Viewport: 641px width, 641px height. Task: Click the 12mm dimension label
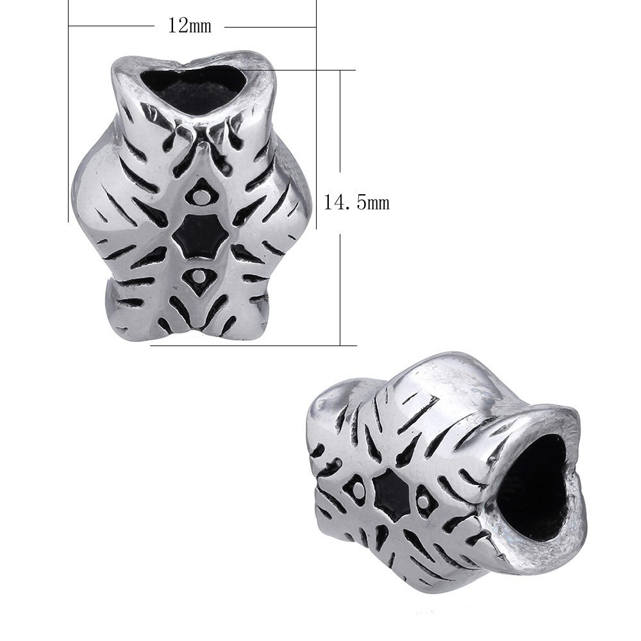pyautogui.click(x=190, y=26)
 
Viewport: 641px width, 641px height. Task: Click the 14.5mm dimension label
pyautogui.click(x=356, y=203)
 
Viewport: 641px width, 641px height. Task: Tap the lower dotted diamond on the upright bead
pyautogui.click(x=199, y=279)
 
